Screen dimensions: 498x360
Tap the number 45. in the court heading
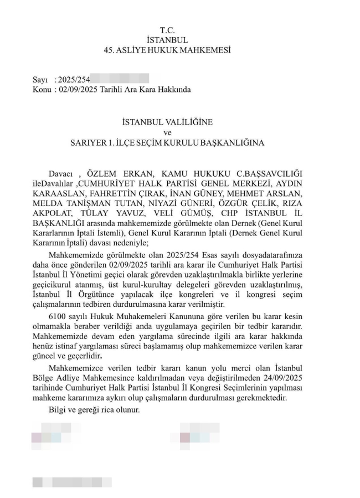[109, 50]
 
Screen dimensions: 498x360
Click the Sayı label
[40, 80]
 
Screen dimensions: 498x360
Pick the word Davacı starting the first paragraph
[61, 173]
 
